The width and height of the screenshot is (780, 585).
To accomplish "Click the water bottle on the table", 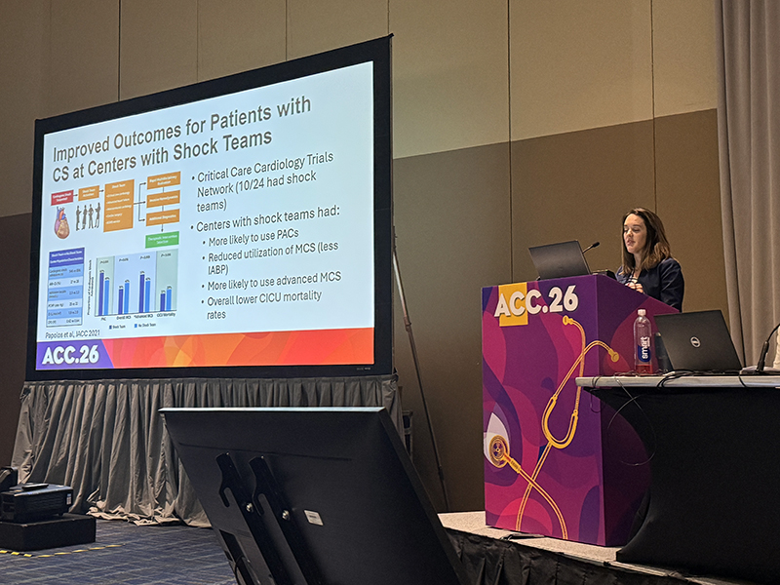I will coord(643,341).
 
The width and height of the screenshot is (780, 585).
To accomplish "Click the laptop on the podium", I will coord(560,260).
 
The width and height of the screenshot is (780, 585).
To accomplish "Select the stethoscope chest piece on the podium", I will coord(498,449).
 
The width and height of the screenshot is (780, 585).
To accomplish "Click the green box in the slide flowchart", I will coord(162,239).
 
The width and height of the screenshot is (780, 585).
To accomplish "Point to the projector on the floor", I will coord(34,501).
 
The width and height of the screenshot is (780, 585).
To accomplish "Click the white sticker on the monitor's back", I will coord(313,517).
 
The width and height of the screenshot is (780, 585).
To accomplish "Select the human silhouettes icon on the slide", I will coord(88,215).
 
